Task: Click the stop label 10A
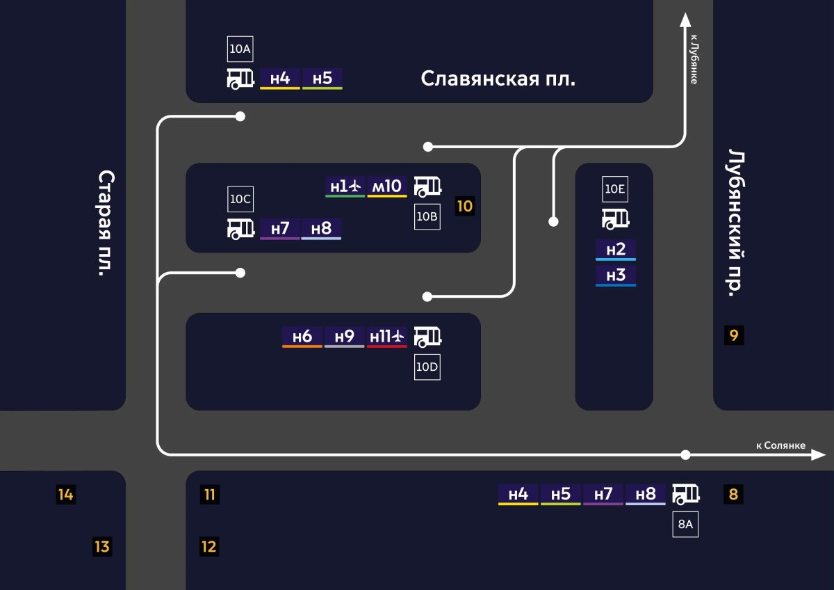point(240,49)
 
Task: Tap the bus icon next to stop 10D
point(427,337)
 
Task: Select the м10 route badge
point(387,186)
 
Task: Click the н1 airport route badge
point(345,186)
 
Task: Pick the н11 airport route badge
point(387,337)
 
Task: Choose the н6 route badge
point(302,337)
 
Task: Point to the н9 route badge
point(345,337)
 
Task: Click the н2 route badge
point(616,250)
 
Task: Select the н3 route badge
point(616,276)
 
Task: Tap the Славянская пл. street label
point(498,79)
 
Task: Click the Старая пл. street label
point(106,223)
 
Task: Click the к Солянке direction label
point(780,445)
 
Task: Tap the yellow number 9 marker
point(734,336)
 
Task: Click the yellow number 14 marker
point(66,495)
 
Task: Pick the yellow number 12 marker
point(209,546)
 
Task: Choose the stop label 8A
point(685,524)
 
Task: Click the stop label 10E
point(615,189)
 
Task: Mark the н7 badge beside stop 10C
point(280,228)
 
